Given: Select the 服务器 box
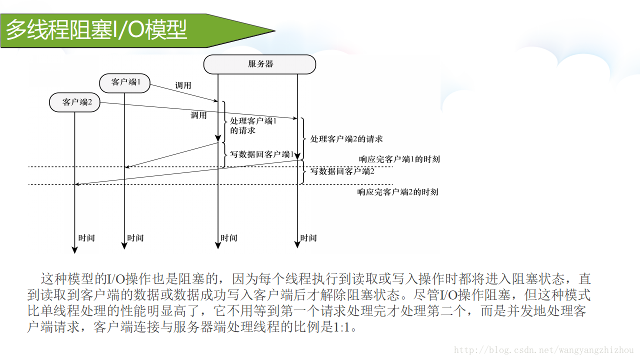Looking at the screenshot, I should tap(260, 64).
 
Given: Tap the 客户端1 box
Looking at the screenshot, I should tap(125, 82).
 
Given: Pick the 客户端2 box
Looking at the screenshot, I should tap(75, 102).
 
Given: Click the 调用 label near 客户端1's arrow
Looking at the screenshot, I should tap(183, 85).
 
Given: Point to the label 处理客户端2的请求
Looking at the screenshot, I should tap(346, 139).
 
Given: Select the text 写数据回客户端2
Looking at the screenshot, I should tap(342, 171).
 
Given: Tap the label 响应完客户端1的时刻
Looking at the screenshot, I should tap(399, 159).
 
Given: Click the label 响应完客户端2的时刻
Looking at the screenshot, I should tap(397, 192).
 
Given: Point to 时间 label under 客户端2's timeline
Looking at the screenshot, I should tap(86, 238).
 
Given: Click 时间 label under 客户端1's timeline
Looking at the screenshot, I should tap(135, 238).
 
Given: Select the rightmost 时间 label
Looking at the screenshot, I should tap(308, 238).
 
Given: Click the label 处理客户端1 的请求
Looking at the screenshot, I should tap(252, 125).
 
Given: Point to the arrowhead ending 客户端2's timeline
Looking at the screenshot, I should tap(75, 249).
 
